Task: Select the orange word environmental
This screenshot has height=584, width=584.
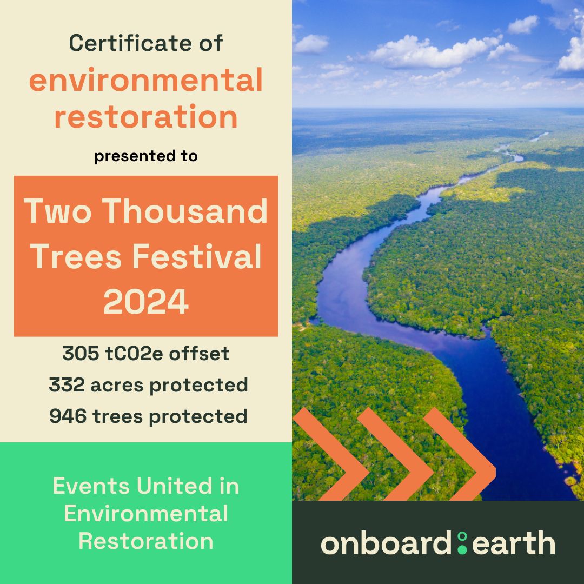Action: (x=146, y=81)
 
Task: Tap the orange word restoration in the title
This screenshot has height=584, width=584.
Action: (x=146, y=117)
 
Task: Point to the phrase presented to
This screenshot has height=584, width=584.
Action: (x=146, y=157)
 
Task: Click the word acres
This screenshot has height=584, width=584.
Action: (x=116, y=386)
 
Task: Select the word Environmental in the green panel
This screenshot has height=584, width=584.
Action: (x=146, y=514)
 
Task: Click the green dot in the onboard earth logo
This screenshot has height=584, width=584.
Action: (x=462, y=543)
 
